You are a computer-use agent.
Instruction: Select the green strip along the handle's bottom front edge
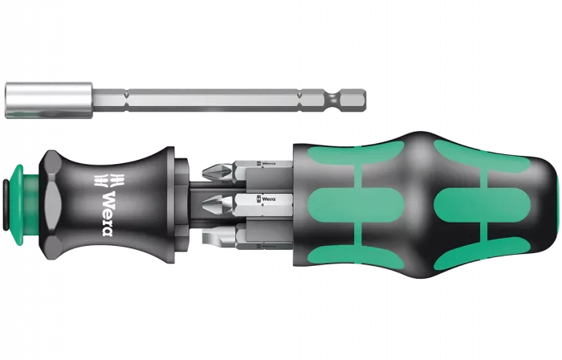click(353, 249)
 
